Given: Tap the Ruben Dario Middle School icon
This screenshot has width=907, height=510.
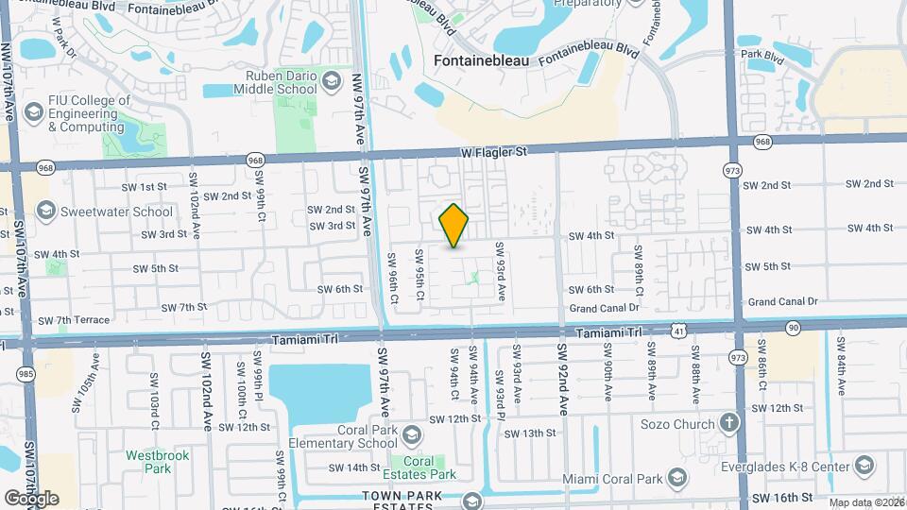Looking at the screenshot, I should point(331,82).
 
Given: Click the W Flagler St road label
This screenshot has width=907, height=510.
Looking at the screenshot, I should point(493,150).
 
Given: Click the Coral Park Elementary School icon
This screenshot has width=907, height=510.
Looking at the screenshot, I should point(411,435).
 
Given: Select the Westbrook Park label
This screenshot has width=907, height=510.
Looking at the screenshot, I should point(148,461).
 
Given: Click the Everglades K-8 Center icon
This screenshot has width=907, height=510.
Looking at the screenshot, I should point(864,465).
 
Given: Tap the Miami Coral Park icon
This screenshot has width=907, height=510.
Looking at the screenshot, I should point(675,479).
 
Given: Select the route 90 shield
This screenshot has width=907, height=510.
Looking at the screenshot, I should point(791,326).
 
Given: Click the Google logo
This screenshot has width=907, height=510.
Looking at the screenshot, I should point(31,499).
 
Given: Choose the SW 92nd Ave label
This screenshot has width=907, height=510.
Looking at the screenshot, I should point(563,379).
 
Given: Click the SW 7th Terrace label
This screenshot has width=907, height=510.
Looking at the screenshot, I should point(74,320).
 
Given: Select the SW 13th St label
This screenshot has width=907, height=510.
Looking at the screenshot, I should point(530,433).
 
